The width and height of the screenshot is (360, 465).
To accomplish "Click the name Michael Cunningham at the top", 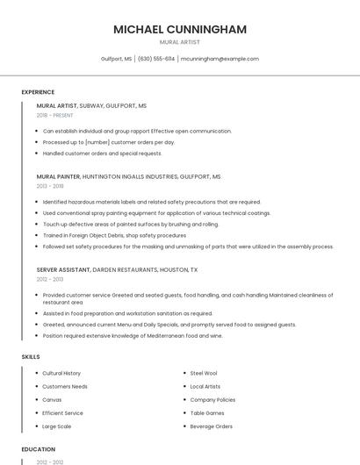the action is click(x=180, y=29).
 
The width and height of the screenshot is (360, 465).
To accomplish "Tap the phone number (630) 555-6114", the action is click(x=156, y=59).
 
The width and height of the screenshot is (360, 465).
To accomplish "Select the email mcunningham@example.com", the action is click(x=220, y=59).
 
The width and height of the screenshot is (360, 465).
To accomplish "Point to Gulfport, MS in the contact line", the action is click(x=116, y=59).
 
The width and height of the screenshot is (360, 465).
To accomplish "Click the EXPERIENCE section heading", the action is click(x=38, y=92).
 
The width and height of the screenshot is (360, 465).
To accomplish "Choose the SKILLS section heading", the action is click(x=31, y=357).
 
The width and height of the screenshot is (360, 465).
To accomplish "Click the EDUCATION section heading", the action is click(x=38, y=449).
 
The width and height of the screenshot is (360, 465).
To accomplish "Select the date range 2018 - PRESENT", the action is click(x=55, y=115).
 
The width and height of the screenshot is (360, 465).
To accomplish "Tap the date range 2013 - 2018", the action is click(x=50, y=186).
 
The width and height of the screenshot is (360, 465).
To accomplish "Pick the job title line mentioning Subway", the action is click(x=91, y=105).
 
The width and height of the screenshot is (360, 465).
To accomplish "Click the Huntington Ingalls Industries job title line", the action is click(x=128, y=176).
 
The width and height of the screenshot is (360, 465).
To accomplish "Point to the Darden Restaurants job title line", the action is click(x=117, y=270).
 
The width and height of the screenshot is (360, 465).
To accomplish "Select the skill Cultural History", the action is click(x=61, y=373).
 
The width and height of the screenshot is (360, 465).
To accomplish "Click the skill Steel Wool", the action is click(x=204, y=373).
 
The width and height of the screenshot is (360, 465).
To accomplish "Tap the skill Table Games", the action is click(x=207, y=412).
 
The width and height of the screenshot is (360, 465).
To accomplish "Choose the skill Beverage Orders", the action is click(x=211, y=426).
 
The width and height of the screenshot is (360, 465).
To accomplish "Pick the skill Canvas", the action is click(x=53, y=399).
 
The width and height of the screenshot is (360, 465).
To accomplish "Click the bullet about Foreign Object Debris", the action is click(x=114, y=235).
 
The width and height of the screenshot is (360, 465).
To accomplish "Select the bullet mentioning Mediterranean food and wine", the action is click(x=133, y=335).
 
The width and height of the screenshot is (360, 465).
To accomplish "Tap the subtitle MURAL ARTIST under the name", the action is click(x=180, y=42).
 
